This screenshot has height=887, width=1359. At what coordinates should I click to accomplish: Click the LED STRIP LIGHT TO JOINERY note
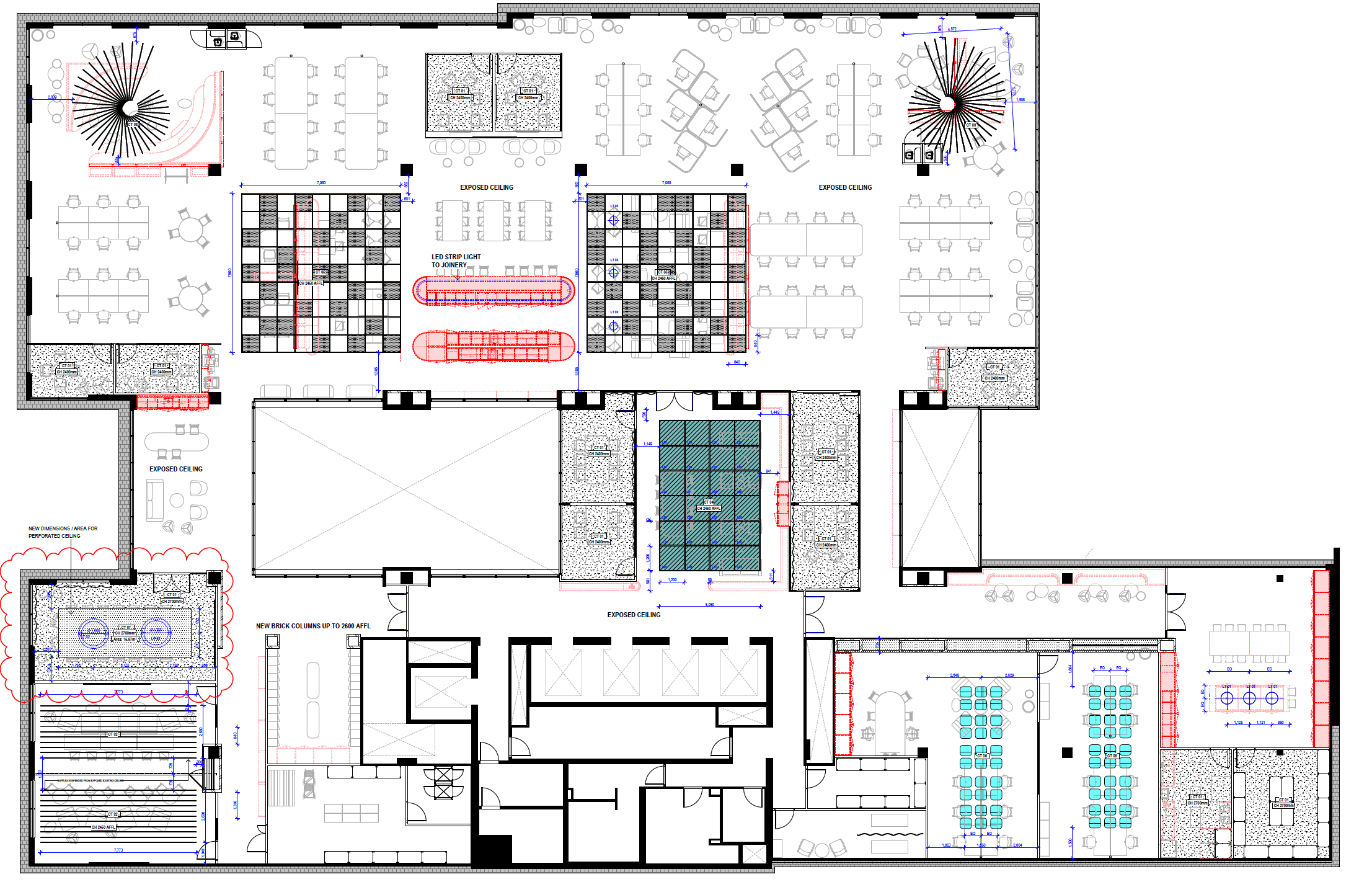point(456,261)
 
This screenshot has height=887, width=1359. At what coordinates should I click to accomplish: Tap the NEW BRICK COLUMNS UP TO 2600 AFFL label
point(313,626)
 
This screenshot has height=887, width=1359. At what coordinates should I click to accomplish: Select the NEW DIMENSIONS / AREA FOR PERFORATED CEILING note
point(63,532)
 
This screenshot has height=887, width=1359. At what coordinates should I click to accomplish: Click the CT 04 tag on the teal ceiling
point(709,502)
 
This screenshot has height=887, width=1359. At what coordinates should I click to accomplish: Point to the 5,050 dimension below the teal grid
point(710,604)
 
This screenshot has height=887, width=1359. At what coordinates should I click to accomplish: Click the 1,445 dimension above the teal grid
point(775,412)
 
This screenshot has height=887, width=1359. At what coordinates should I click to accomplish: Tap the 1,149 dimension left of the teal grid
point(647,444)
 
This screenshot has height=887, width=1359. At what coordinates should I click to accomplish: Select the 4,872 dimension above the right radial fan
point(952,29)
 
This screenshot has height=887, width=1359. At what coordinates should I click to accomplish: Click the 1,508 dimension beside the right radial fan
point(1020,99)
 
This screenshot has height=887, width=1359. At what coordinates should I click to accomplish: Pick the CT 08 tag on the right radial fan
point(971,125)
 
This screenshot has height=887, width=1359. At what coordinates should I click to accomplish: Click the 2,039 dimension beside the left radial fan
point(52,97)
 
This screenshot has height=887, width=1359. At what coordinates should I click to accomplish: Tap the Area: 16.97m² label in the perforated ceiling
point(125,639)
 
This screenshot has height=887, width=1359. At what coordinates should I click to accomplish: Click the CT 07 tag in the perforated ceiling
point(126,628)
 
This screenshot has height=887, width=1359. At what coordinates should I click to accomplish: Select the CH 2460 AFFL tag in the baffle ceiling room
point(103,827)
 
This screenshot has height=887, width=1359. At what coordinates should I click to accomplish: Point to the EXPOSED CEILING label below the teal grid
point(634,615)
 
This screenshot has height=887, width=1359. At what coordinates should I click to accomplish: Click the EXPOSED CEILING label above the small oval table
point(175,469)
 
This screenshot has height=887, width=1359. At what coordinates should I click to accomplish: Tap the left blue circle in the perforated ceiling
point(93,633)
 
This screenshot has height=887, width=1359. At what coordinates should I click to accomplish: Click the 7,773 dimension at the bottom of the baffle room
point(118,850)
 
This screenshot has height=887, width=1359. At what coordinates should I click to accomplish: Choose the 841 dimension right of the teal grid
point(769,471)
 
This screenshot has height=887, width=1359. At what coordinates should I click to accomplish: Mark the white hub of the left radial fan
point(130,108)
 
